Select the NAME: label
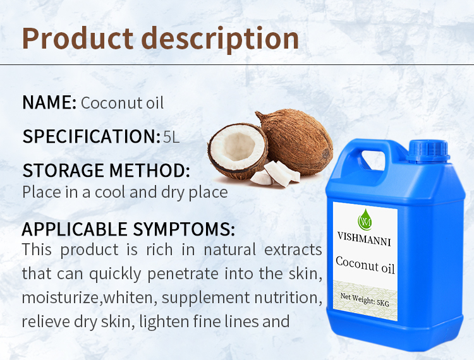pyautogui.click(x=49, y=103)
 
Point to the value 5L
pyautogui.click(x=171, y=136)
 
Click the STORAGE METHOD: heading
pyautogui.click(x=106, y=171)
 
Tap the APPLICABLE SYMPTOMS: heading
pyautogui.click(x=128, y=229)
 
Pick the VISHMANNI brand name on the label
pyautogui.click(x=365, y=240)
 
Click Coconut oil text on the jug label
pyautogui.click(x=365, y=264)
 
